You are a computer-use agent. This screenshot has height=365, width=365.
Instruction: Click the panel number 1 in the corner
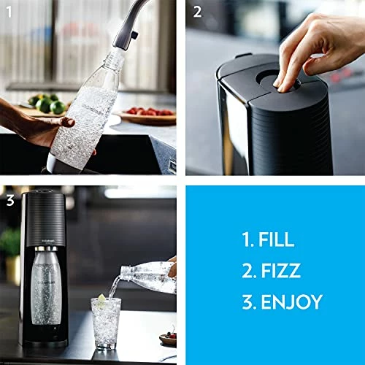point(8,10)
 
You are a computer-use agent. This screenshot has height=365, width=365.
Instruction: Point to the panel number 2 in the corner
point(197,11)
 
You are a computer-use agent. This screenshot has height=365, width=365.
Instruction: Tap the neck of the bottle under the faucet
point(108,57)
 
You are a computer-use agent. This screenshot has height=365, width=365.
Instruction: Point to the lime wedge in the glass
point(101,300)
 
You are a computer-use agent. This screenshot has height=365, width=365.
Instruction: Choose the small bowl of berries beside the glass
point(167,338)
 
